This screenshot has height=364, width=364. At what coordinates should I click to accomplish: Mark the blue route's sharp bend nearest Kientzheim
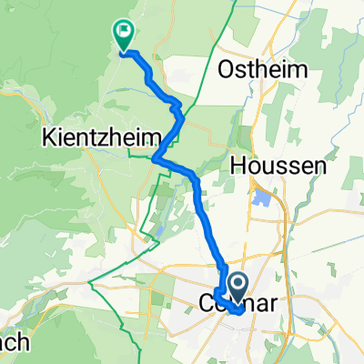[156, 160]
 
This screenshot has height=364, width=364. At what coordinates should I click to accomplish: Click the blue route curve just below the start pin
[236, 310]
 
